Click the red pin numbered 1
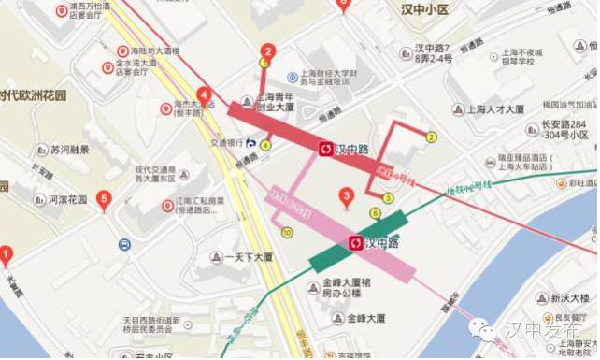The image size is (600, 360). pyautogui.click(x=6, y=252)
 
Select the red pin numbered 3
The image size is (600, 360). pyautogui.click(x=347, y=196)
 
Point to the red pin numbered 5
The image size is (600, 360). pyautogui.click(x=104, y=199)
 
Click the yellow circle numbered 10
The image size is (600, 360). pyautogui.click(x=287, y=232)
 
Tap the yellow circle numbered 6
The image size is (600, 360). pyautogui.click(x=375, y=213)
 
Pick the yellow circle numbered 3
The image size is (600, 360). pyautogui.click(x=387, y=197)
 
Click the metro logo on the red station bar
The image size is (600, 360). pyautogui.click(x=325, y=148)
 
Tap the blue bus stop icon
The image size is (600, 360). pyautogui.click(x=124, y=245)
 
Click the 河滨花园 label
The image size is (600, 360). pyautogui.click(x=67, y=199)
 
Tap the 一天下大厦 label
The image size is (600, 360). pyautogui.click(x=241, y=256)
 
